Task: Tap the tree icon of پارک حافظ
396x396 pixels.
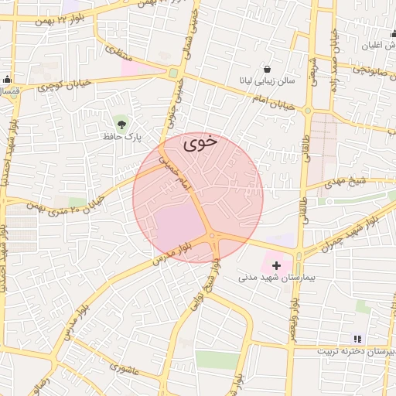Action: tap(121, 122)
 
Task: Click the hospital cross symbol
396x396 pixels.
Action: tap(277, 265)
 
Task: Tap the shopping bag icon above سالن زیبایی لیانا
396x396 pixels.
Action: tap(267, 69)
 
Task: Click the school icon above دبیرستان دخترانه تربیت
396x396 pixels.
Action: tap(357, 338)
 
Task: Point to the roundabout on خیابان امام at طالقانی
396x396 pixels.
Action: tap(308, 111)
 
